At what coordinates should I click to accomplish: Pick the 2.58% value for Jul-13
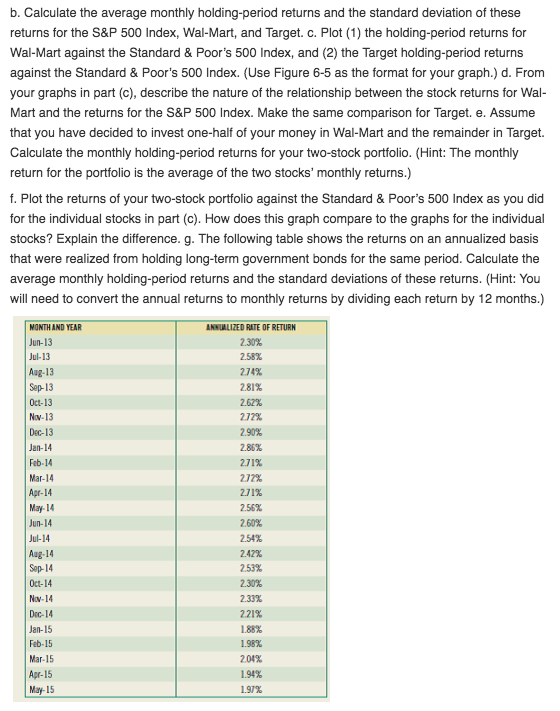pyautogui.click(x=249, y=357)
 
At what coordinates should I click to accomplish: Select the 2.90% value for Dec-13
pyautogui.click(x=249, y=432)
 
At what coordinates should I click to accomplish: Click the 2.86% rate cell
pyautogui.click(x=249, y=447)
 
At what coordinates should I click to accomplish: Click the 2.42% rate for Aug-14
pyautogui.click(x=249, y=553)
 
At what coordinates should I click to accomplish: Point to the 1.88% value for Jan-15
pyautogui.click(x=249, y=628)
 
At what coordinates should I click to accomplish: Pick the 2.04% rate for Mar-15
pyautogui.click(x=249, y=658)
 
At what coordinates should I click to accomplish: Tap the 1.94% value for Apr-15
pyautogui.click(x=249, y=673)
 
